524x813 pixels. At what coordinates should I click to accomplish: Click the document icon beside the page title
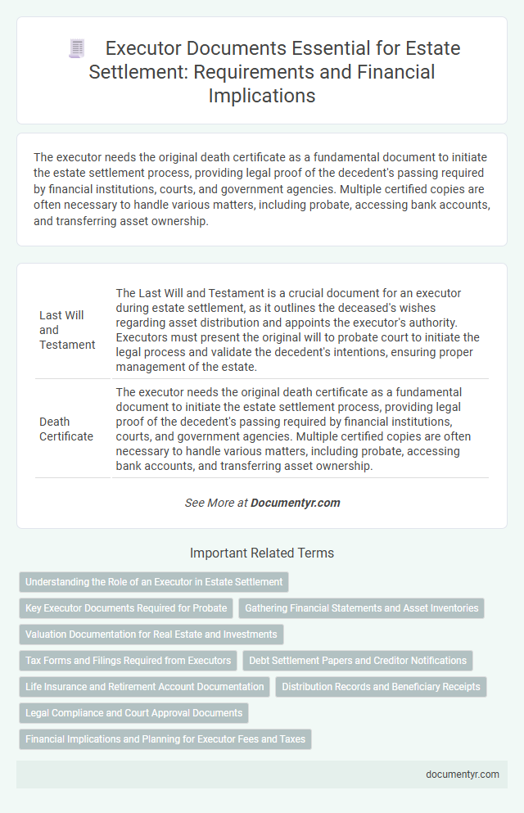[77, 50]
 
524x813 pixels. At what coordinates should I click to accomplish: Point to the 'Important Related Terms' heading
[262, 553]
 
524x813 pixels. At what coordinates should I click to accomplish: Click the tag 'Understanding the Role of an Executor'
[154, 582]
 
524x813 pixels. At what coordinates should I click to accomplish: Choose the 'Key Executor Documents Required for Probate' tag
[125, 607]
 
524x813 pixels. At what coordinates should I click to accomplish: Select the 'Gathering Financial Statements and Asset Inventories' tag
[361, 607]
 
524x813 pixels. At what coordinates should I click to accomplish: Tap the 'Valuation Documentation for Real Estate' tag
[151, 634]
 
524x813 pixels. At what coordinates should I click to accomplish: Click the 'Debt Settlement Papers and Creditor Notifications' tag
[358, 660]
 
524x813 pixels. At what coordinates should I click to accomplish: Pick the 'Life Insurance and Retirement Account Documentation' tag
[144, 686]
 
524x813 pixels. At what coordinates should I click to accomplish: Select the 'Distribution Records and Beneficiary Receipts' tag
[381, 686]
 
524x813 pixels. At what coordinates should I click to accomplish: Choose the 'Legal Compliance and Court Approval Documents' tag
[133, 712]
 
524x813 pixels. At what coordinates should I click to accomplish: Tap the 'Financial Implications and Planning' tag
[165, 738]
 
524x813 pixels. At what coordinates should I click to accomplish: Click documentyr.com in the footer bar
[463, 774]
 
